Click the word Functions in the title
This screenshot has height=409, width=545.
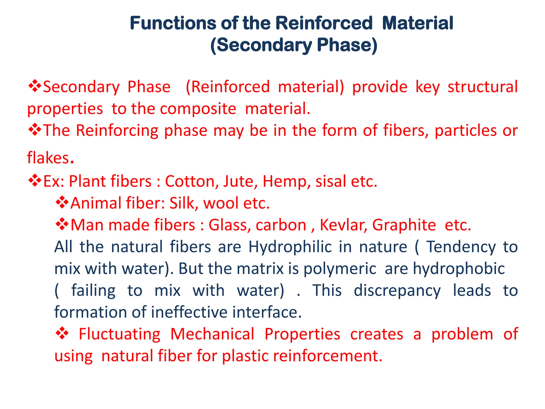point(173,23)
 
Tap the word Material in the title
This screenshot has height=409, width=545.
point(418,23)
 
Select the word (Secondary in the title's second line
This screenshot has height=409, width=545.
point(261,45)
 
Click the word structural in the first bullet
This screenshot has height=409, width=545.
point(482,87)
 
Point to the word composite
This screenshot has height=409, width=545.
point(198,109)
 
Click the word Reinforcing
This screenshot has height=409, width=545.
point(117,130)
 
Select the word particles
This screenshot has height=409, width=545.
point(465,130)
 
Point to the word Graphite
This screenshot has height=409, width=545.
point(404,225)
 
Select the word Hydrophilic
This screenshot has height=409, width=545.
point(290,247)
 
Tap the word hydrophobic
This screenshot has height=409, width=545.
point(459,268)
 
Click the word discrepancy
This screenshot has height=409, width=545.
point(397,290)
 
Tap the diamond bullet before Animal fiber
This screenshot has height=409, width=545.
point(62,203)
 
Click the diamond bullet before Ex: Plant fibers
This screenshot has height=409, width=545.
point(35,181)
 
